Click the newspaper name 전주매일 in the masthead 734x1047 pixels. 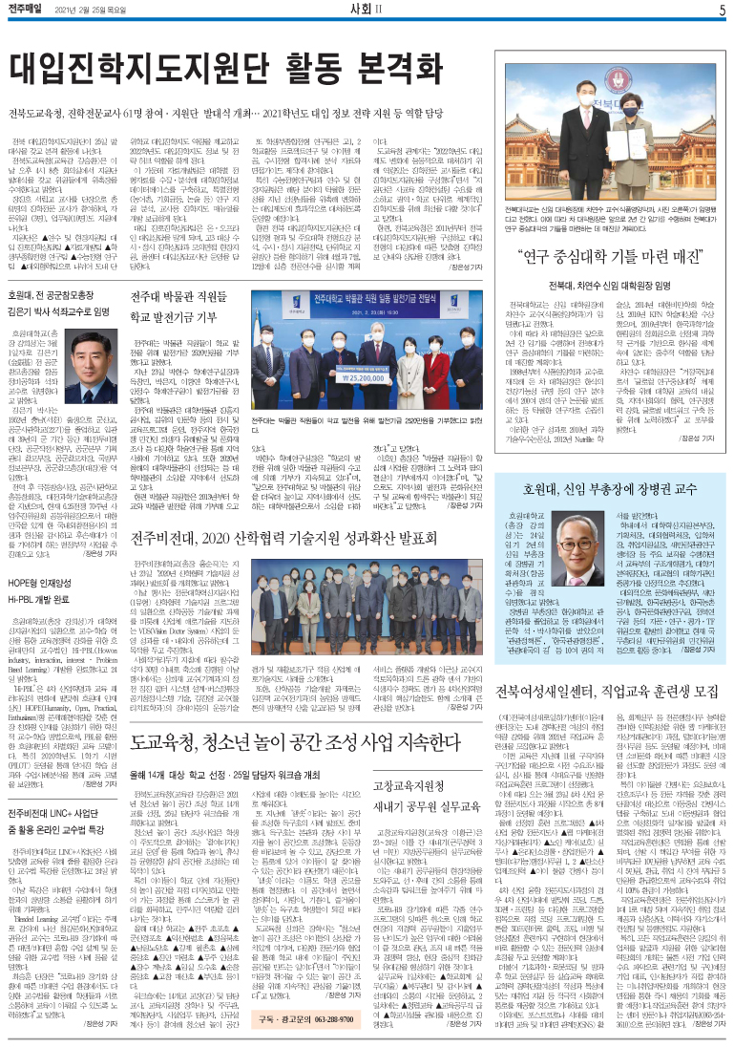click(x=31, y=11)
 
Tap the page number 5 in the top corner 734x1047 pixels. click(x=723, y=11)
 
